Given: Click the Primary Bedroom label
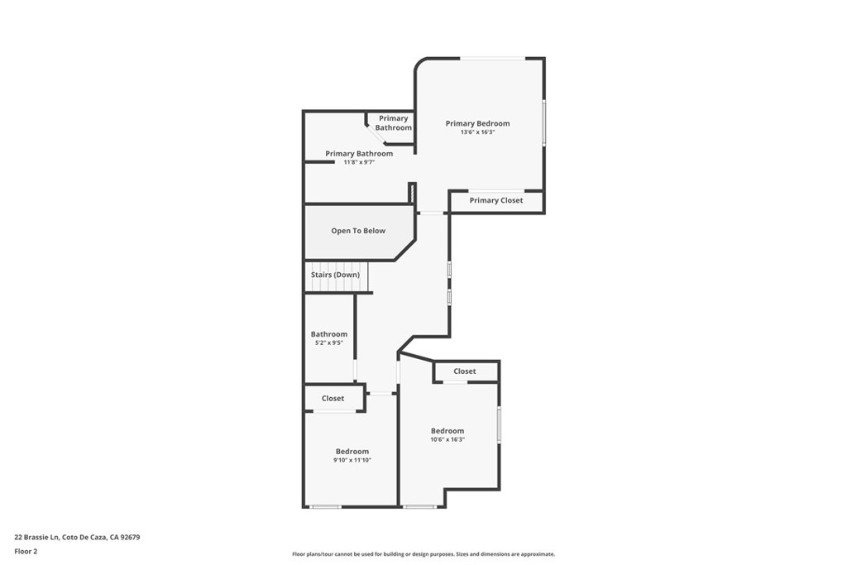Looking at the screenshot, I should tap(477, 123).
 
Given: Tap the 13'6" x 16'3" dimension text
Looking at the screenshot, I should tap(477, 132).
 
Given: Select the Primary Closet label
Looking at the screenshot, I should tap(496, 200).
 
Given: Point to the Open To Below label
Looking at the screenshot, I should tap(358, 231).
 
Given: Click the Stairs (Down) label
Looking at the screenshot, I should tap(335, 274).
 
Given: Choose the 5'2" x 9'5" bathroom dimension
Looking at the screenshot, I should tap(328, 342).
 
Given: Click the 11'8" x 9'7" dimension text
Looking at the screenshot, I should tap(359, 162).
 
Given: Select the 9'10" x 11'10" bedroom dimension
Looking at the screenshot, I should tap(352, 460).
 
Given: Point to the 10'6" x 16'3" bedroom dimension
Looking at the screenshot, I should tap(447, 439).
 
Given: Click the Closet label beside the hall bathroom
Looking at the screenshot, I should tap(333, 398).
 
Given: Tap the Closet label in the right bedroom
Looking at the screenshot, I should tap(465, 371).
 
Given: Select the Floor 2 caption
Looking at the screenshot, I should tap(26, 550).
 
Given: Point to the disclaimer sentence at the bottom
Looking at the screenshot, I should tap(423, 554).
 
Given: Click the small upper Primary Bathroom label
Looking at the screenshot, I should tap(394, 123).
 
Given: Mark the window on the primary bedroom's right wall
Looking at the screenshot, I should tap(543, 122).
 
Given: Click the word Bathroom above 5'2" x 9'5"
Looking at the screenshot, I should tap(328, 334).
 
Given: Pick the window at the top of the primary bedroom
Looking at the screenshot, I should tap(492, 58).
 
